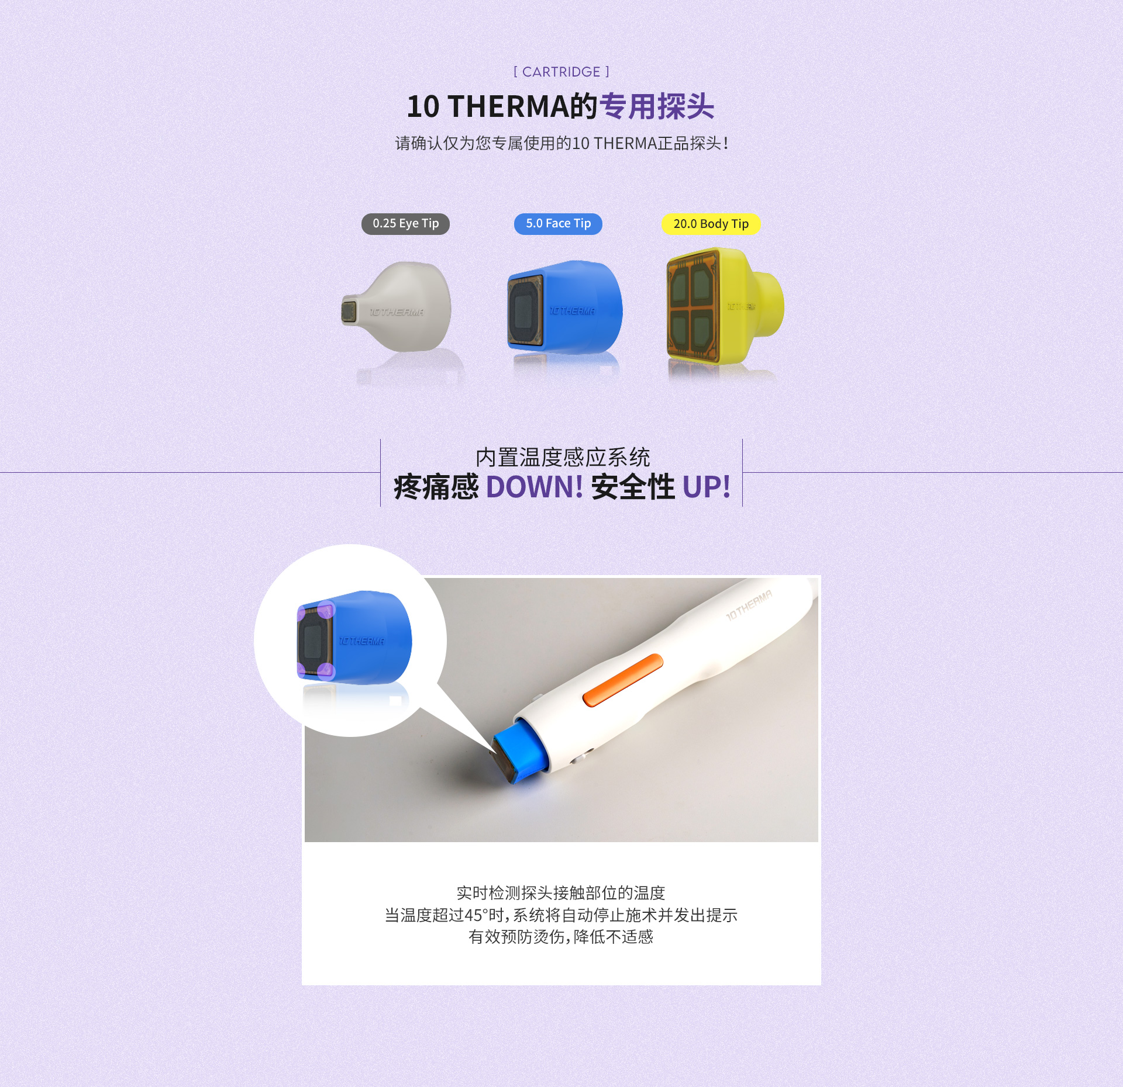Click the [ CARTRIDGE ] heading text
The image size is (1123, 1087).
coord(561,72)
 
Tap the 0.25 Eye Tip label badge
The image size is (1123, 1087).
coord(405,224)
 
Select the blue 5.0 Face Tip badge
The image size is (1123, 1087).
coord(558,224)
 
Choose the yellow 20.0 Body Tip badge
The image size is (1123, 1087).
coord(711,224)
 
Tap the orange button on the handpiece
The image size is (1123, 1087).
coord(623,680)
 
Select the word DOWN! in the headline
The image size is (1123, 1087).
coord(534,487)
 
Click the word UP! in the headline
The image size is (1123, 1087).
coord(707,487)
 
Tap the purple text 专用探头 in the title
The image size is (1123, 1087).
coord(657,106)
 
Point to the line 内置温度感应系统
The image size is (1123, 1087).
coord(563,457)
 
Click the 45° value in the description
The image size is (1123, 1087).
coord(477,915)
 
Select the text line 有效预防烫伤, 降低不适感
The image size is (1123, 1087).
coord(561,937)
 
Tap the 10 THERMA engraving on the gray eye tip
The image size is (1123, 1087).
coord(397,312)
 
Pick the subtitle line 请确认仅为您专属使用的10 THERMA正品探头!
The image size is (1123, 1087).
coord(561,143)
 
